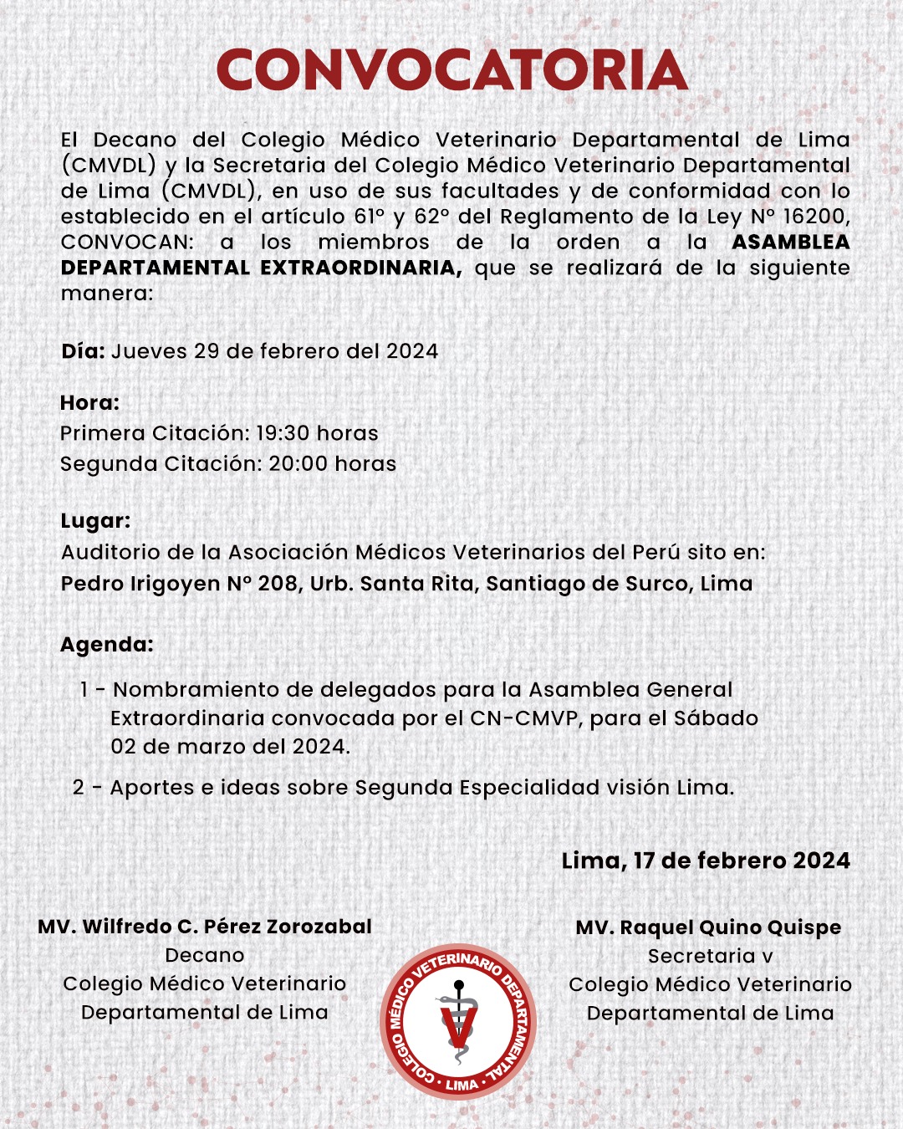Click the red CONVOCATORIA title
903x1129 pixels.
coord(451,70)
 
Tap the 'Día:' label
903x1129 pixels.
coord(83,351)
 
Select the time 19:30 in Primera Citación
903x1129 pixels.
coord(283,433)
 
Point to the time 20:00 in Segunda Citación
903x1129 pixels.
coord(297,464)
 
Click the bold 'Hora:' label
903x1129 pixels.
coord(89,403)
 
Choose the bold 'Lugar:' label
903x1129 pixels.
coord(95,521)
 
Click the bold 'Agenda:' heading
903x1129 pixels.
coord(107,645)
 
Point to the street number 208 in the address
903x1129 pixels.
coord(278,584)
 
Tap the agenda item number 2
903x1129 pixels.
coord(79,788)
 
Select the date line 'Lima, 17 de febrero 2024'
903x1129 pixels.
coord(706,861)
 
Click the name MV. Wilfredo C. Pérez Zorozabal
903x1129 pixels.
coord(205,927)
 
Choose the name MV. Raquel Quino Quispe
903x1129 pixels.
coord(708,927)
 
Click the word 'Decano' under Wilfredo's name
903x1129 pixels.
coord(205,955)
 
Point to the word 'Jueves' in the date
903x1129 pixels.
coord(149,351)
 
